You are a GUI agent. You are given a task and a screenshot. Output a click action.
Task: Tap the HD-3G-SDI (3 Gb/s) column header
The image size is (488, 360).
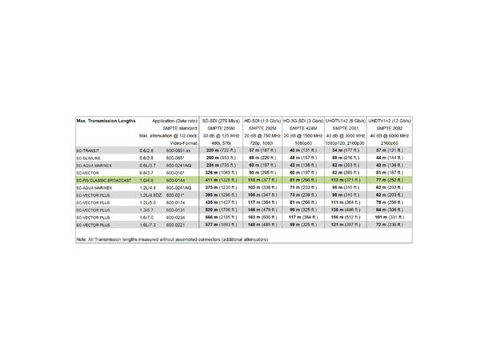click(303, 119)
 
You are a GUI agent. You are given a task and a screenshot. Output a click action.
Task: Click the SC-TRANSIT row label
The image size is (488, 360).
click(89, 150)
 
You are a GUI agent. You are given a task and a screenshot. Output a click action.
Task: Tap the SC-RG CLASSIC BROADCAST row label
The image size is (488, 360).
click(104, 181)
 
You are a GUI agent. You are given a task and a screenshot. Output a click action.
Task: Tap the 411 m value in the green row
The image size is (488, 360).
click(210, 181)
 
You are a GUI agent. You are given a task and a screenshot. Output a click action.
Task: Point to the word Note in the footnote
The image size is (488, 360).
click(82, 240)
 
